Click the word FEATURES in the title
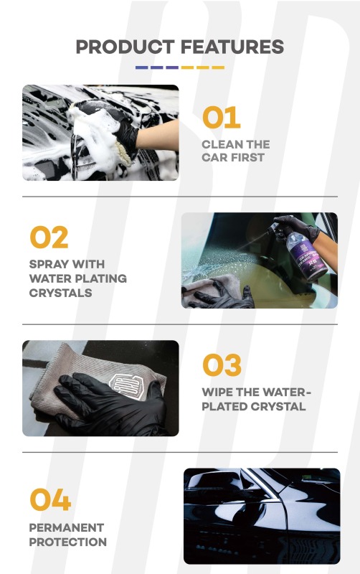pyautogui.click(x=232, y=47)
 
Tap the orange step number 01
pyautogui.click(x=221, y=118)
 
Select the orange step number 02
pyautogui.click(x=49, y=238)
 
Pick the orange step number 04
pyautogui.click(x=50, y=501)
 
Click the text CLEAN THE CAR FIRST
pyautogui.click(x=235, y=151)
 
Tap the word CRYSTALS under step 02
pyautogui.click(x=62, y=293)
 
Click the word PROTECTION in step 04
pyautogui.click(x=68, y=542)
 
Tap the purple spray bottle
pyautogui.click(x=316, y=248)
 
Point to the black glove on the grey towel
pyautogui.click(x=108, y=403)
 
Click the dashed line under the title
pyautogui.click(x=179, y=67)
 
